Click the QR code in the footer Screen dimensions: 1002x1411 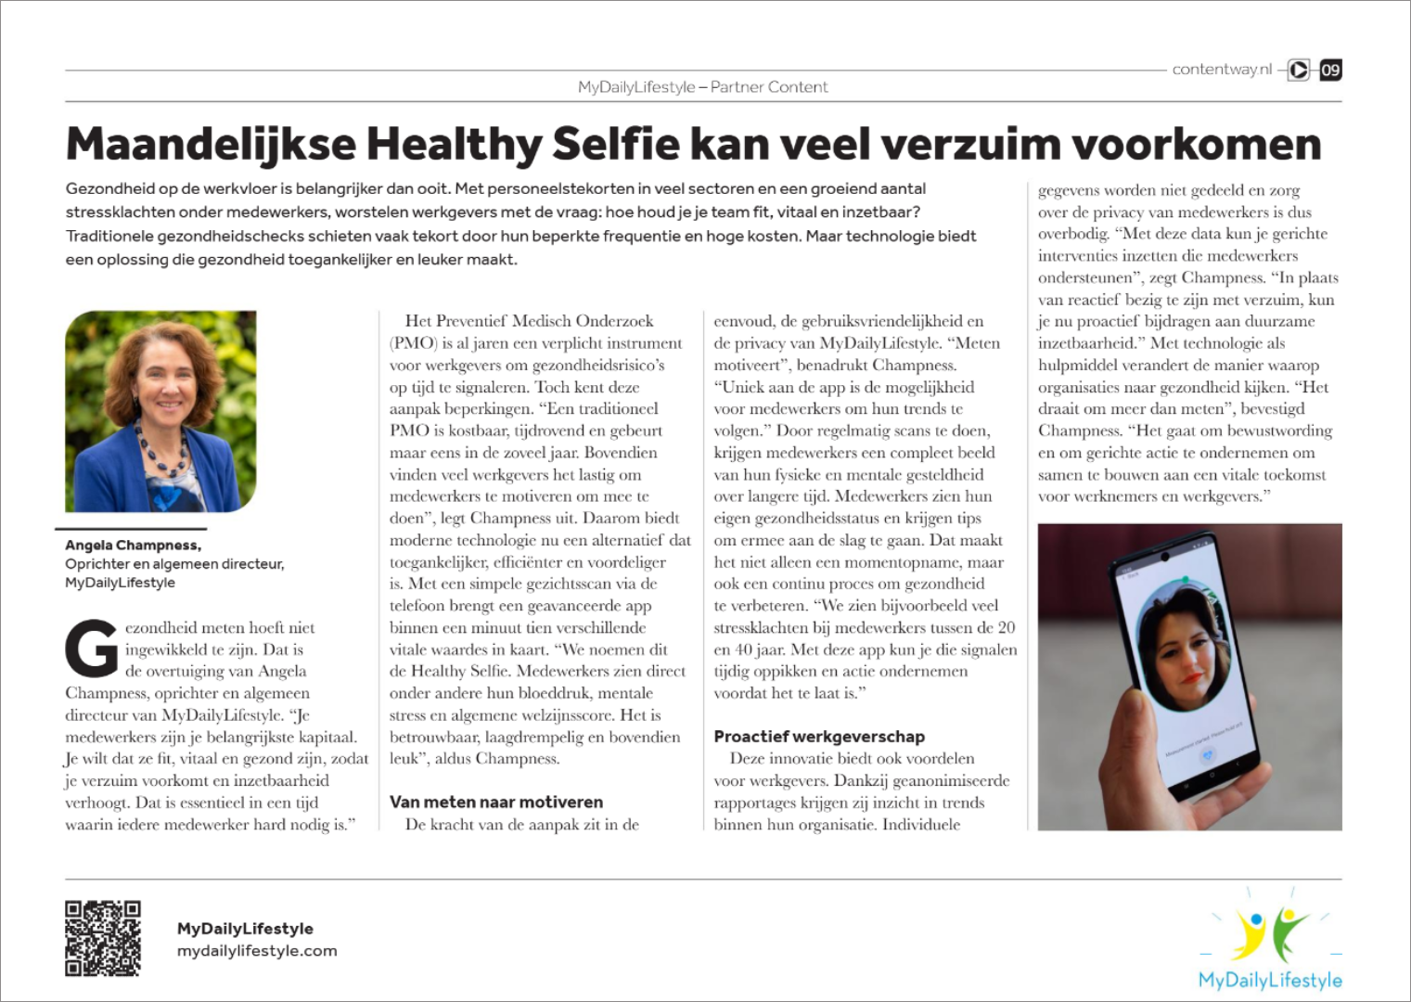[x=102, y=938]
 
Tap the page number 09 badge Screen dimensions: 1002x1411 [x=1330, y=70]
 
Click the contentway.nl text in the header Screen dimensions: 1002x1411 [x=1221, y=70]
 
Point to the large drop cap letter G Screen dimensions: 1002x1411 [x=92, y=649]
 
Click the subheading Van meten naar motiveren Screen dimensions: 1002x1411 [x=495, y=802]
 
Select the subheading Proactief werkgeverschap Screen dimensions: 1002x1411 [x=818, y=737]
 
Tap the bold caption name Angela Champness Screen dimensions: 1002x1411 [x=133, y=545]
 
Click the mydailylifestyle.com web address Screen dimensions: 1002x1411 [x=257, y=951]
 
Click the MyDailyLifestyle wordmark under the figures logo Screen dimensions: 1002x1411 [x=1269, y=980]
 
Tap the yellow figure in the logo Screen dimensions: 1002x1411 [x=1250, y=932]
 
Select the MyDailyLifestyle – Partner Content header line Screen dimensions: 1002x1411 [x=702, y=87]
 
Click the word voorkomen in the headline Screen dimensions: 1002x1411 [x=1197, y=145]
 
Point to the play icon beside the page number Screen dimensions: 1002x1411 [x=1299, y=70]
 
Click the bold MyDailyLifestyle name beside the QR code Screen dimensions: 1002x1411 [x=245, y=929]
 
